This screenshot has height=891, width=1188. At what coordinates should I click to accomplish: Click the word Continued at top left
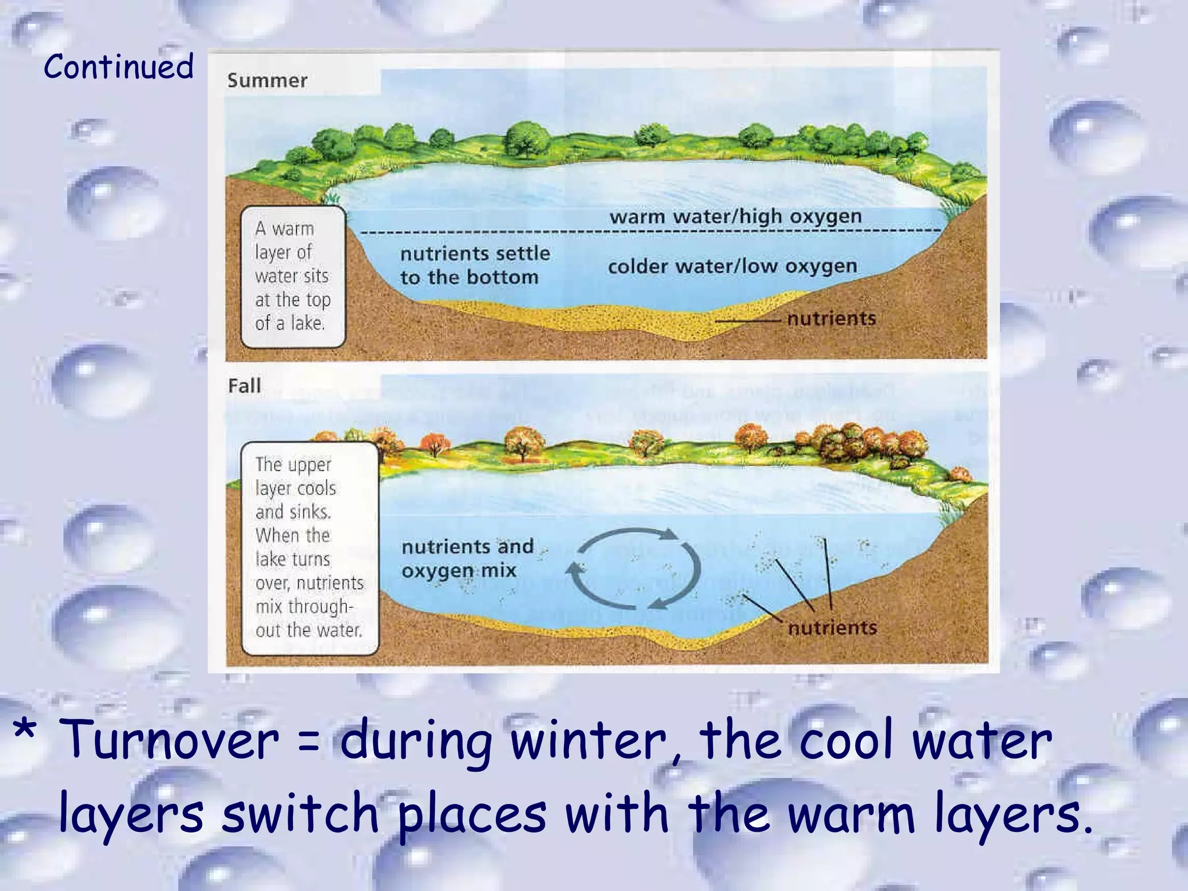point(118,66)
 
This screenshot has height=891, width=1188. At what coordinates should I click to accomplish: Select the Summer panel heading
point(267,81)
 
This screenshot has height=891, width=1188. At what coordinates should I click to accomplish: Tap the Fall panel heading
point(244,386)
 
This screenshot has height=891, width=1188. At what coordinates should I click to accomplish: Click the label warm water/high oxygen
point(735,217)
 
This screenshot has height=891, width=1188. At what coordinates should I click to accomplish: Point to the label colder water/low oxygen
point(732,266)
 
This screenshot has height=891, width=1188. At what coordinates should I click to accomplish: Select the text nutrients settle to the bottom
point(475,265)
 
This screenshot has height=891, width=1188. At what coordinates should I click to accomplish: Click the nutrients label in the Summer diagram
point(831,318)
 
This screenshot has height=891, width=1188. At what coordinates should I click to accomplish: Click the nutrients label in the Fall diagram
point(832,628)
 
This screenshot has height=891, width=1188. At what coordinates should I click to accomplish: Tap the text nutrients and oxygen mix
point(467,559)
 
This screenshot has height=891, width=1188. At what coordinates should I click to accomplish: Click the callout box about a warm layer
point(293,276)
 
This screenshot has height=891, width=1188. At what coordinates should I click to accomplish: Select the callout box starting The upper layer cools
point(309,548)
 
